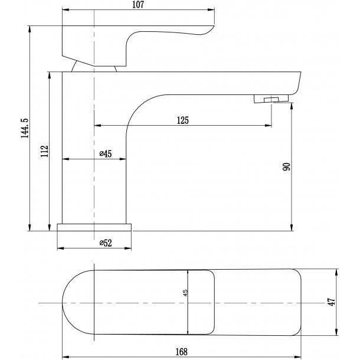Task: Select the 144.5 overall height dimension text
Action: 24,129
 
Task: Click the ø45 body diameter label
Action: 105,154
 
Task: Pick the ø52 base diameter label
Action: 105,243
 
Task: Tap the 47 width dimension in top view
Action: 332,302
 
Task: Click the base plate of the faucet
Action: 94,227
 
